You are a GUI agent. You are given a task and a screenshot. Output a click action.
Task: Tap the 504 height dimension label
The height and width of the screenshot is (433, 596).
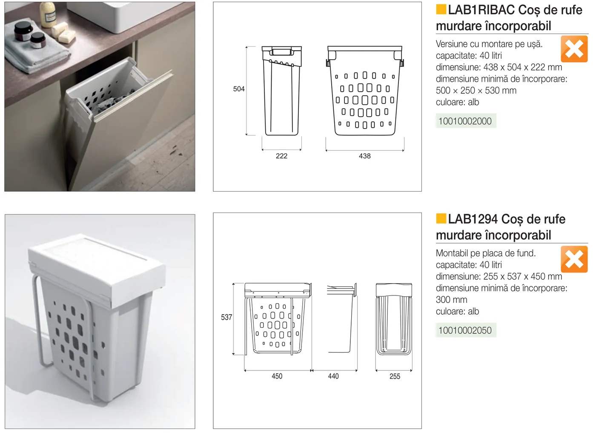pos(239,89)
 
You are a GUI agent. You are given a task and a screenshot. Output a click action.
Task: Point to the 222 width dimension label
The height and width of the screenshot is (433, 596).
pos(281,156)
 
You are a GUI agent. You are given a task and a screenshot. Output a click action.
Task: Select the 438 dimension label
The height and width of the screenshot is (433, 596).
pos(364,156)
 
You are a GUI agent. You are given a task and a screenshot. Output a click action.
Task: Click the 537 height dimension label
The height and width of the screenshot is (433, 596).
pos(226,317)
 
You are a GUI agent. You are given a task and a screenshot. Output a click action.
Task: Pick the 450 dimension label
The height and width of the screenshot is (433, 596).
pos(277,376)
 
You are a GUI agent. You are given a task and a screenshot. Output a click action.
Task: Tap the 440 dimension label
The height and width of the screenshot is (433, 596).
pos(333,376)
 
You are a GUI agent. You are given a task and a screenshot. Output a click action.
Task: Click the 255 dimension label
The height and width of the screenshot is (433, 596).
pos(395,376)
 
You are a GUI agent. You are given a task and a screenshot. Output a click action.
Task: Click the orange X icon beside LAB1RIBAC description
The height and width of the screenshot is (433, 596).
pos(574,49)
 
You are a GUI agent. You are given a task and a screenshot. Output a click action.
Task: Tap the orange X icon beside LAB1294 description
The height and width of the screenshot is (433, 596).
pos(574,259)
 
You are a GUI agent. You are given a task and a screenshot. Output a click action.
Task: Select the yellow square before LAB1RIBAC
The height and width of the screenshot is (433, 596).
pos(441,9)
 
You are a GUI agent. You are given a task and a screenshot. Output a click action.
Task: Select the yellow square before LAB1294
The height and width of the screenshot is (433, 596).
pos(441,218)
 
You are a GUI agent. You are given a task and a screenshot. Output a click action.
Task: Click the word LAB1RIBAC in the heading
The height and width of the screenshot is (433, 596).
pos(481,10)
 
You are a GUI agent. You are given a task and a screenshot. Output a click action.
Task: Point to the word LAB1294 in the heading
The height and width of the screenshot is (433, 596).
pos(473,219)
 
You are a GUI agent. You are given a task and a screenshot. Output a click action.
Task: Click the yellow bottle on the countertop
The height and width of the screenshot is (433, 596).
pos(48,14)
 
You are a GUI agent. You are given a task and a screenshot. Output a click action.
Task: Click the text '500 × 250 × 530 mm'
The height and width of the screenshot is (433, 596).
pos(476,91)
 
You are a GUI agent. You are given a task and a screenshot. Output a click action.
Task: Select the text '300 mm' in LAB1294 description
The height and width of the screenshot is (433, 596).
pos(451,300)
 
